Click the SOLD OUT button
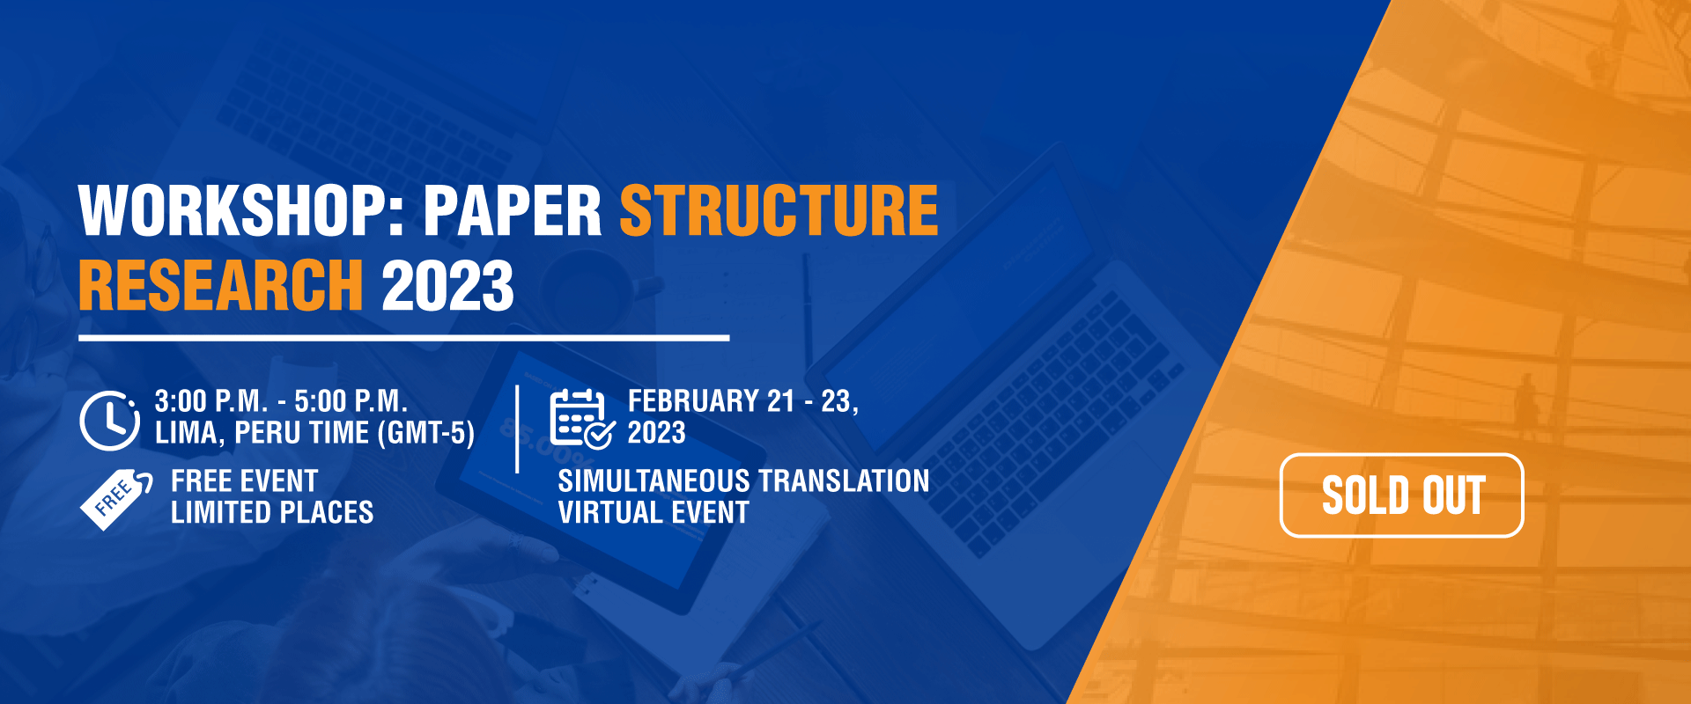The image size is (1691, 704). pos(1401,495)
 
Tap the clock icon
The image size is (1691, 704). pos(109,420)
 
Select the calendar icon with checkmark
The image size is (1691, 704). pos(581,418)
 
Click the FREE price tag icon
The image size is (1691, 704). pos(115,499)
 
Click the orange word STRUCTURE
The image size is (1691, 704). pos(779,211)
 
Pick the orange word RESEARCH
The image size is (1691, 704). pos(221,285)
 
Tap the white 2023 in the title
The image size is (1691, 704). pos(447,285)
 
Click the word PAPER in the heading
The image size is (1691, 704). pos(512,211)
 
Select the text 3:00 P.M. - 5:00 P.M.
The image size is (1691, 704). pos(281,401)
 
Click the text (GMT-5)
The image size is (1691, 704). pos(425,433)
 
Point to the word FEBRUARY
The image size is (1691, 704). pos(693,401)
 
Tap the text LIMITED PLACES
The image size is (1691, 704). pos(272,512)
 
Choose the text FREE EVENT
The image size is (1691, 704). pos(244,481)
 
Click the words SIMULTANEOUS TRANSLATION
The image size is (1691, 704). pos(743,481)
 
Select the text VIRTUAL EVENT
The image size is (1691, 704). pos(654,512)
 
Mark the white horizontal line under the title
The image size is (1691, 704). pos(404,338)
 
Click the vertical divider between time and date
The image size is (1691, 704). pos(517,429)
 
